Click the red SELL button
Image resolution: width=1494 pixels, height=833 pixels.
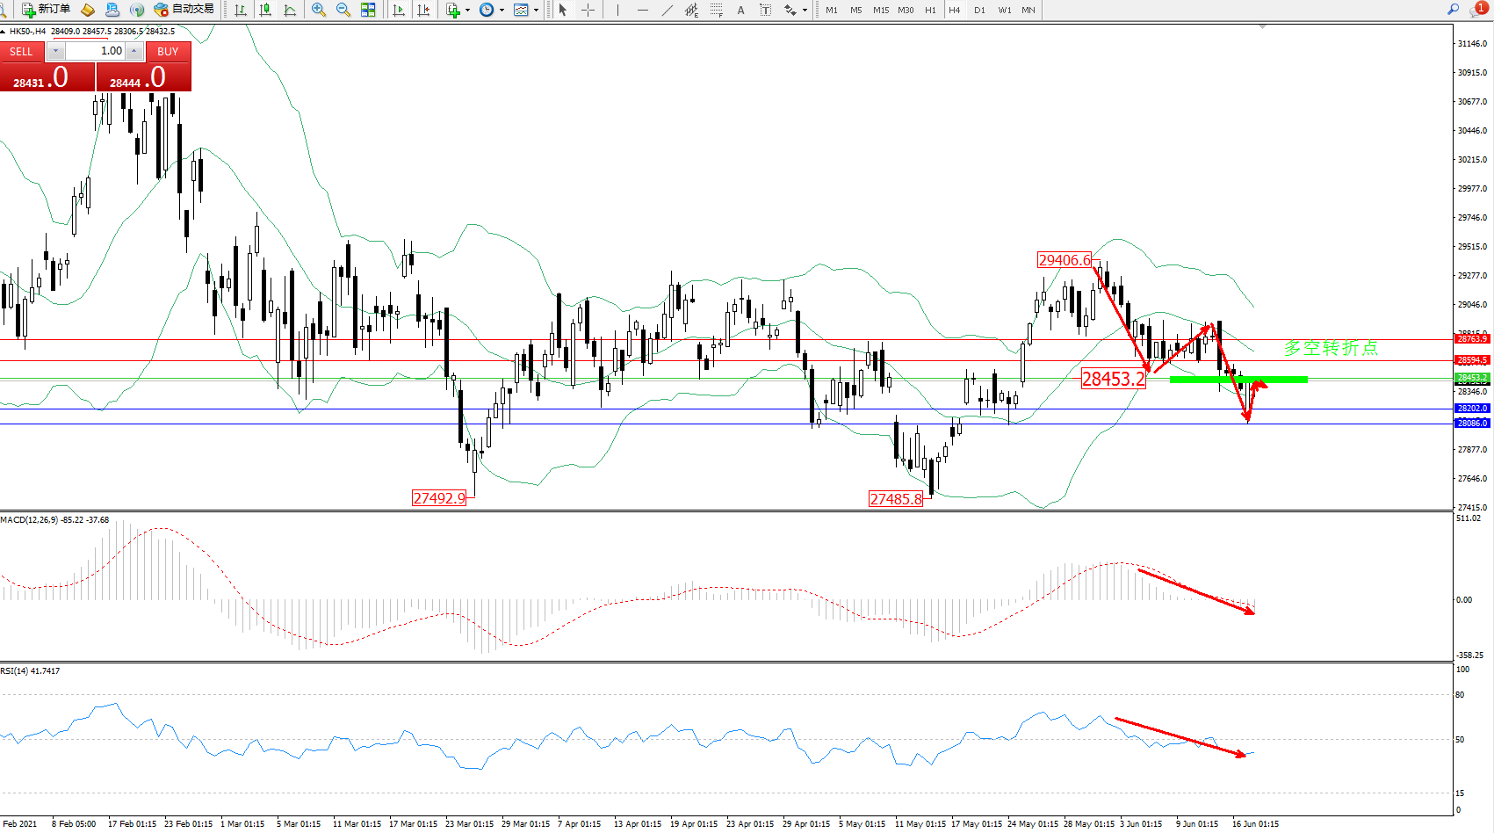pyautogui.click(x=21, y=52)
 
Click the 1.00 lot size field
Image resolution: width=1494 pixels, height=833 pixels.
pyautogui.click(x=96, y=51)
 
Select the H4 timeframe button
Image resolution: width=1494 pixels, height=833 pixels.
pyautogui.click(x=954, y=11)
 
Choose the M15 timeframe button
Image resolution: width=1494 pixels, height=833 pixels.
pyautogui.click(x=880, y=11)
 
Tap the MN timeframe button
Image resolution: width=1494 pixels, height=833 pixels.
pyautogui.click(x=1028, y=11)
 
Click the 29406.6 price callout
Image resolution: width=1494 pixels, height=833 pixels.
pyautogui.click(x=1064, y=260)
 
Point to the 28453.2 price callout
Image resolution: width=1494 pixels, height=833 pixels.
pyautogui.click(x=1113, y=379)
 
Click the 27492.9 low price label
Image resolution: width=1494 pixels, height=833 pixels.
pyautogui.click(x=439, y=498)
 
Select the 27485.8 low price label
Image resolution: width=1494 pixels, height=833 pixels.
pyautogui.click(x=896, y=499)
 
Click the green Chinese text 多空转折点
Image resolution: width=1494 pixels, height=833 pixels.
pyautogui.click(x=1330, y=348)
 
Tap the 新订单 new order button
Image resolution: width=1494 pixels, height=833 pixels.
pyautogui.click(x=47, y=10)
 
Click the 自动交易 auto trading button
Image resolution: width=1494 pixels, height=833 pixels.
pyautogui.click(x=184, y=10)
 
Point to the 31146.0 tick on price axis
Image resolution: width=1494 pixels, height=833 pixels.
pyautogui.click(x=1472, y=43)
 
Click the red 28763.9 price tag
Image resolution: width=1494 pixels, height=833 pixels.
pyautogui.click(x=1472, y=339)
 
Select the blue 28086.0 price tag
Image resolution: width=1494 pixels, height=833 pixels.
pyautogui.click(x=1472, y=424)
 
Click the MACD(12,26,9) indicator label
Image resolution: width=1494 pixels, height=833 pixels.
pyautogui.click(x=29, y=520)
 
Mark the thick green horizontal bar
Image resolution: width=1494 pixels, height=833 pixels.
pyautogui.click(x=1238, y=380)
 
